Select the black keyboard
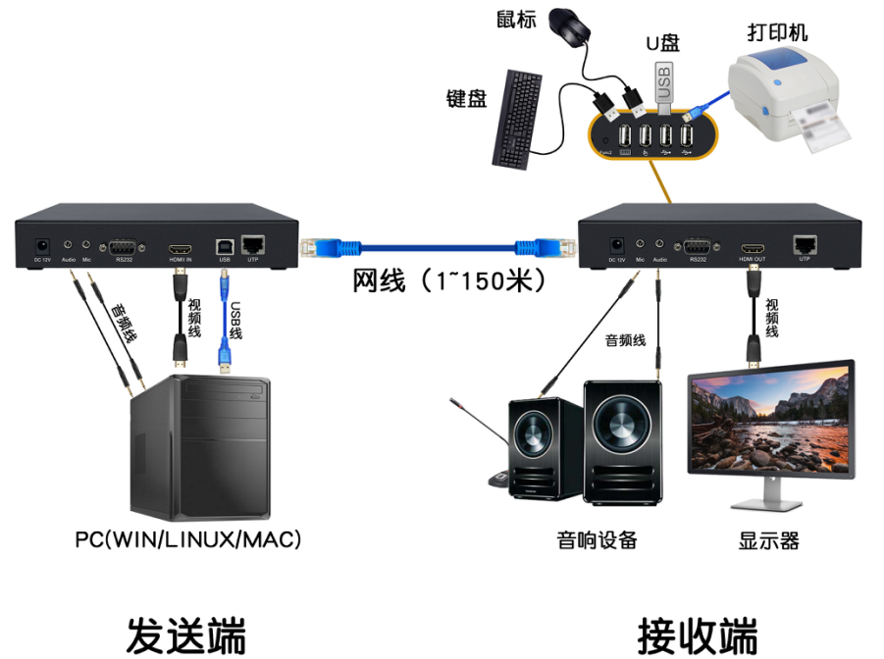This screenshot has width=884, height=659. [519, 118]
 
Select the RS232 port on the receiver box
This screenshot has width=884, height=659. [698, 246]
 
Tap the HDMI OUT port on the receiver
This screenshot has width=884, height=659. [753, 246]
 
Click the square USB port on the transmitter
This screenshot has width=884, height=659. [225, 246]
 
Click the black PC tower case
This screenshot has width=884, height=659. [202, 446]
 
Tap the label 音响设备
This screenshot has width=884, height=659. [597, 540]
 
